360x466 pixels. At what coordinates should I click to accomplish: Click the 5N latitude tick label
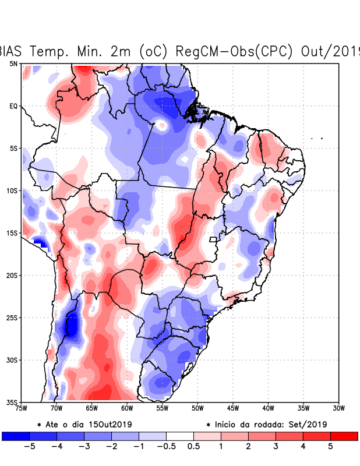coord(13,63)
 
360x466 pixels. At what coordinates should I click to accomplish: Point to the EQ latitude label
coord(13,106)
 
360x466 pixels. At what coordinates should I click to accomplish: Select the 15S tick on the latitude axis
coord(12,233)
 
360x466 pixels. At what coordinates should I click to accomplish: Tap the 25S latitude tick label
coord(12,317)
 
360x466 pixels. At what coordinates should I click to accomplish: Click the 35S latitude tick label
coord(12,402)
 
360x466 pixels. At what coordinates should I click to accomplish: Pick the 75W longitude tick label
coord(21,408)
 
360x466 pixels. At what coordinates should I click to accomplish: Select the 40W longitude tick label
coord(268,408)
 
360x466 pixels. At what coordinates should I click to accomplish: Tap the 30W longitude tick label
coord(338,408)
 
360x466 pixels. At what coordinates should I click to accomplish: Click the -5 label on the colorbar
coord(29,447)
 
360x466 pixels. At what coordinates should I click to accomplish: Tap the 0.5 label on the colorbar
coord(193,447)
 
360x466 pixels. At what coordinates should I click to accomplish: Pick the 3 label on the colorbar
coord(276,447)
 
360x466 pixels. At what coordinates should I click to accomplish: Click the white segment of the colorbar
coord(180,436)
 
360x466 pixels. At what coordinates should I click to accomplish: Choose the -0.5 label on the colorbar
coord(166,447)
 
